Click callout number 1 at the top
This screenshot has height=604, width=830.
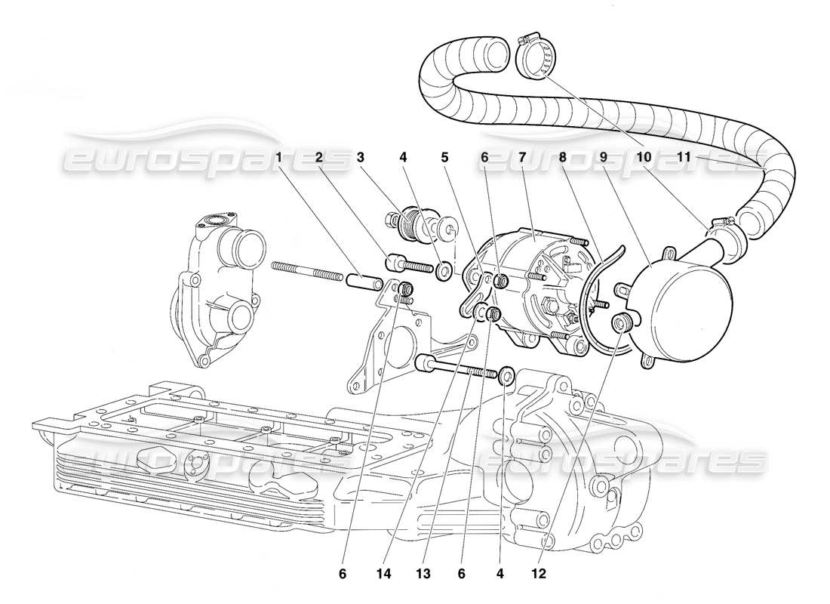click(279, 158)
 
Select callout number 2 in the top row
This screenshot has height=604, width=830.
click(319, 158)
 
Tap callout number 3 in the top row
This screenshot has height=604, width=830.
click(361, 158)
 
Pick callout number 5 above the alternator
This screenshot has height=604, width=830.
click(444, 158)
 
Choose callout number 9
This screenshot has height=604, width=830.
click(604, 158)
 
